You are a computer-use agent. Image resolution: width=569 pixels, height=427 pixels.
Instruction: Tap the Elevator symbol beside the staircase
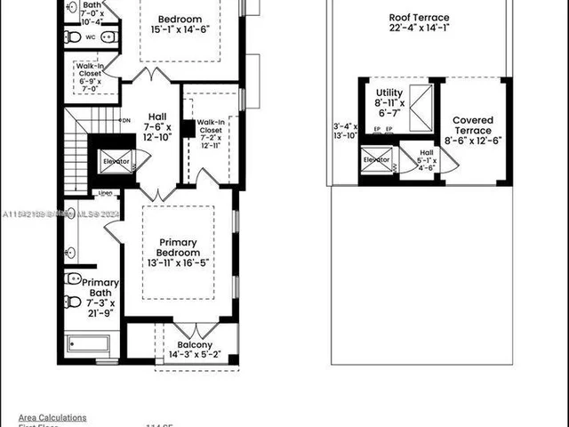coord(115,162)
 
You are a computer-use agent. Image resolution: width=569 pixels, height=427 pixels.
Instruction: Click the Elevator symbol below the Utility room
coord(375,160)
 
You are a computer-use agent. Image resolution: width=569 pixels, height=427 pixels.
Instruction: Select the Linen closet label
coord(105,192)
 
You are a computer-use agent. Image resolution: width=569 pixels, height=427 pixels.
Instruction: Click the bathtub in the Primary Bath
coord(87,344)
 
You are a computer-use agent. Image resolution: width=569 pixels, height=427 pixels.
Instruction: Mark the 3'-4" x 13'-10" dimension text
coord(345,130)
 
